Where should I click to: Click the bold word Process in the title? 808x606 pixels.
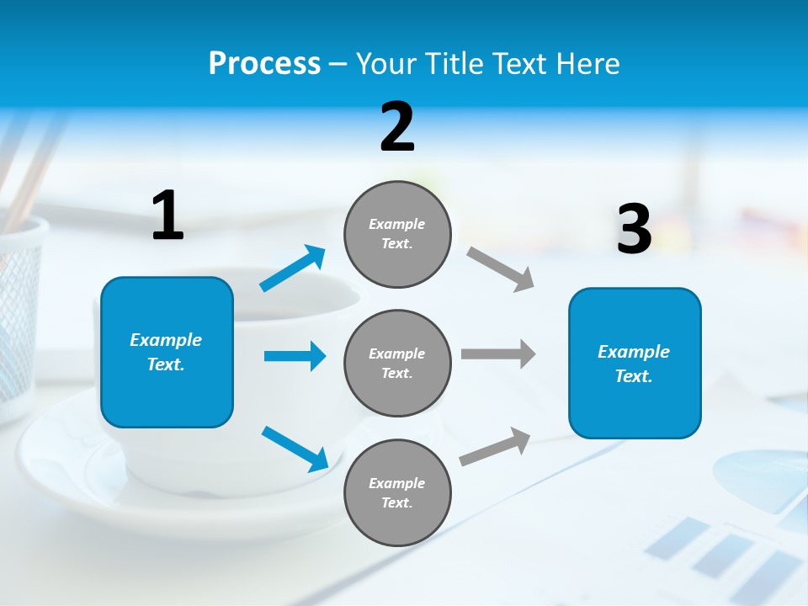click(264, 64)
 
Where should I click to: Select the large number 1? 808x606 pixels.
click(167, 216)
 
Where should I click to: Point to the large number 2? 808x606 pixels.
click(397, 127)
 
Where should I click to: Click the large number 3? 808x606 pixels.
click(634, 229)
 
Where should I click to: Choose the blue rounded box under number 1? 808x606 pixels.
click(167, 352)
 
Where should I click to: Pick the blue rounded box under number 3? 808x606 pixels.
click(635, 363)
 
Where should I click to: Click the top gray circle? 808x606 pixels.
click(397, 234)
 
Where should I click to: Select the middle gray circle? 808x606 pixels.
click(397, 363)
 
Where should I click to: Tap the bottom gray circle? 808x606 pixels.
click(397, 492)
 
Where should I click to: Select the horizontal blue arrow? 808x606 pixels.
click(295, 356)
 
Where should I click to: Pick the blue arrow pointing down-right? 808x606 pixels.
click(295, 448)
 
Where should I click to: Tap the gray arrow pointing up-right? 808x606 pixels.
click(496, 446)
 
